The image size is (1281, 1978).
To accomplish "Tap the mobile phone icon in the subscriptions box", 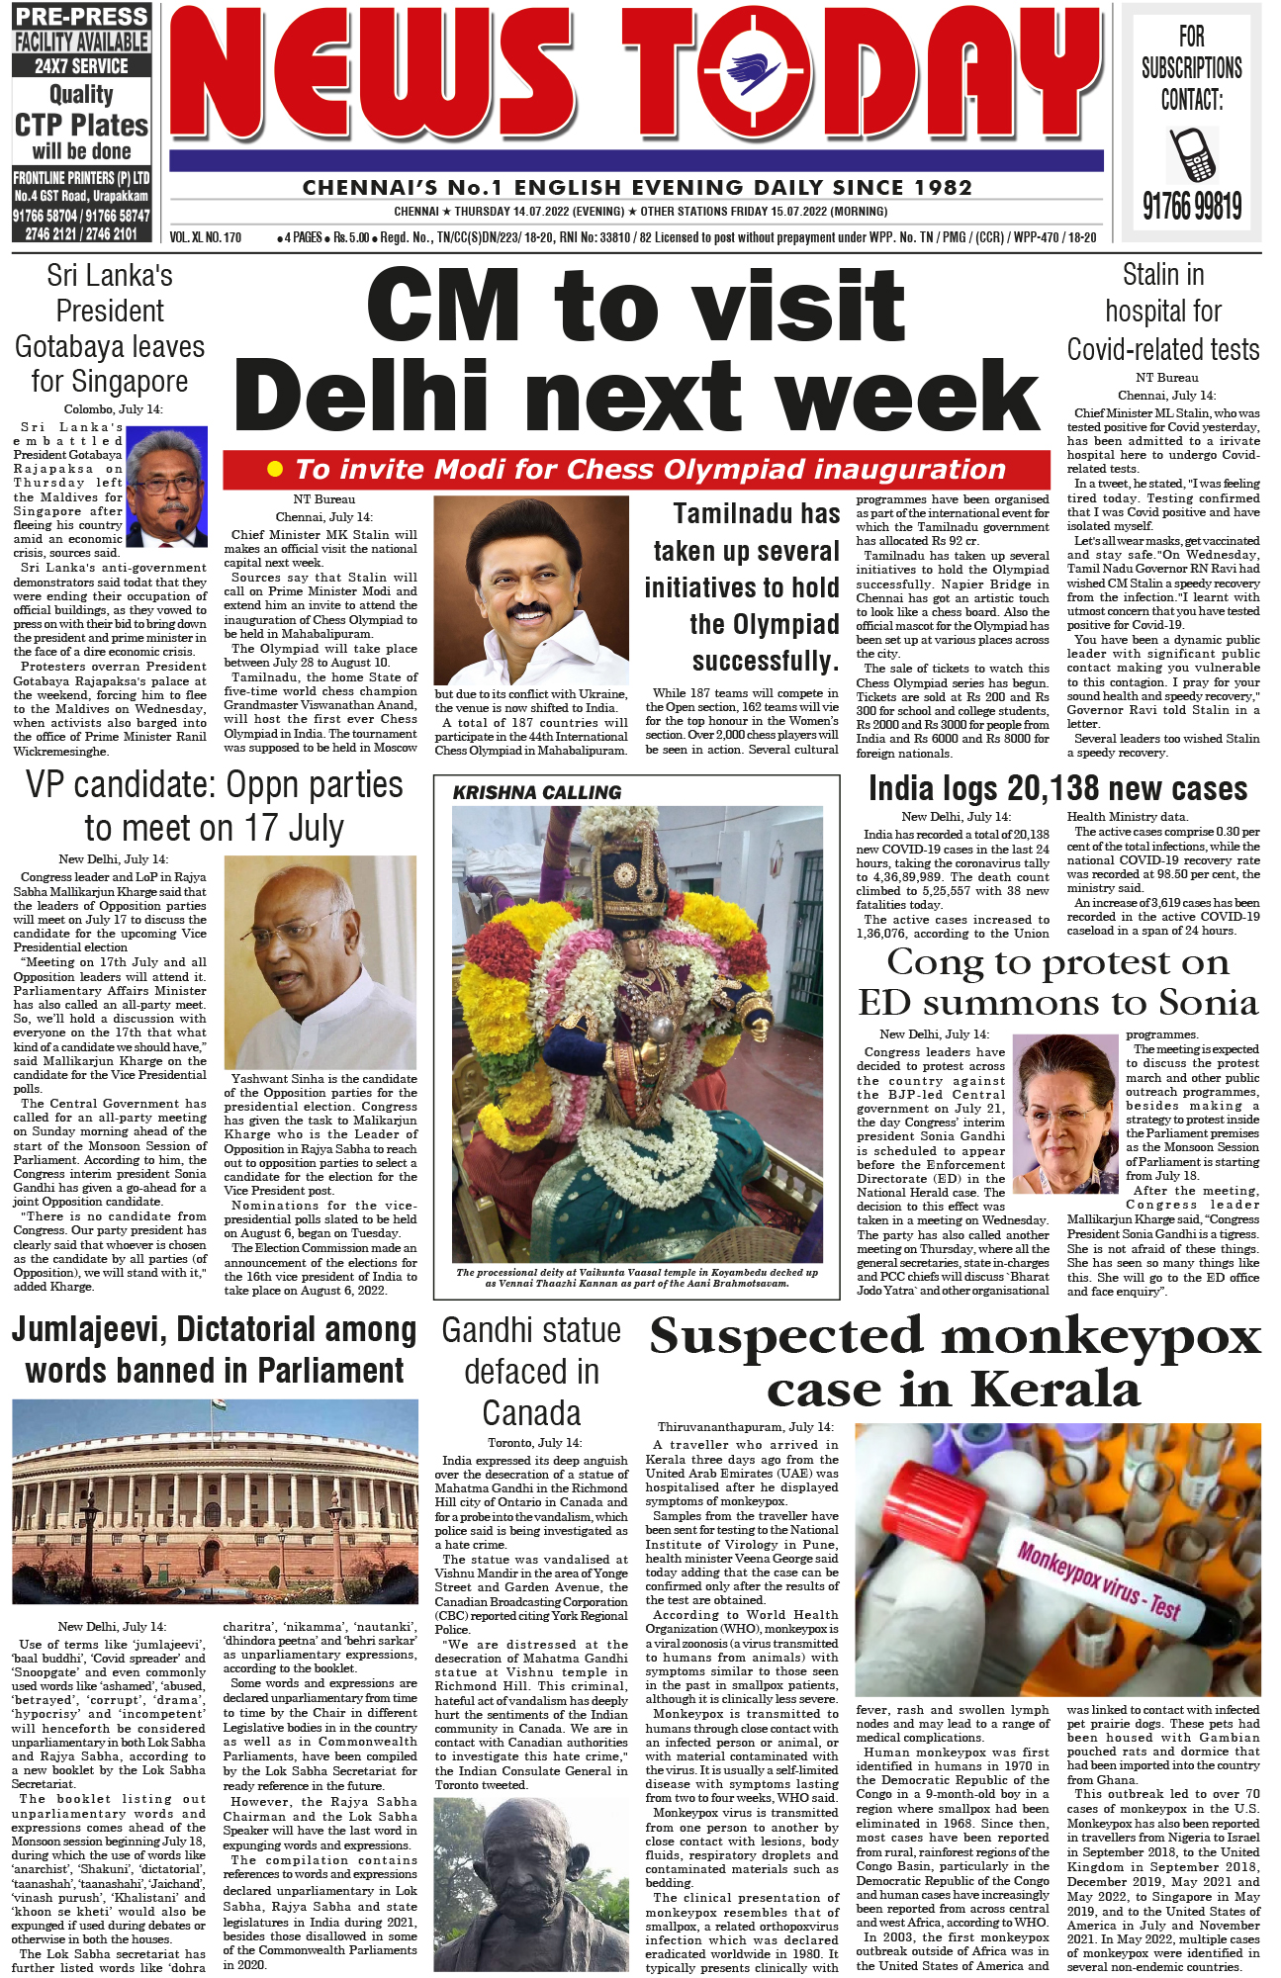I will pos(1192,152).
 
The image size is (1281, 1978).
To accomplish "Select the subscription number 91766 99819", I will pos(1192,206).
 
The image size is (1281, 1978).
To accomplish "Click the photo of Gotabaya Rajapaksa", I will pos(167,486).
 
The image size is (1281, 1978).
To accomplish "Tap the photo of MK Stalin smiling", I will pos(531,590).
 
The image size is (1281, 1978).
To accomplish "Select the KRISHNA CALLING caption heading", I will pos(537,792).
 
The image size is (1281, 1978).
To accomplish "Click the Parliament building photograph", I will pos(215,1501).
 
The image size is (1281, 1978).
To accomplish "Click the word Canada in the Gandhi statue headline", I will pos(531,1412).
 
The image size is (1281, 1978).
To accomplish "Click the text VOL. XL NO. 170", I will pos(206,237).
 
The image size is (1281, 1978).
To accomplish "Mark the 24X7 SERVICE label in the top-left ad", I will pos(81,66).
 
